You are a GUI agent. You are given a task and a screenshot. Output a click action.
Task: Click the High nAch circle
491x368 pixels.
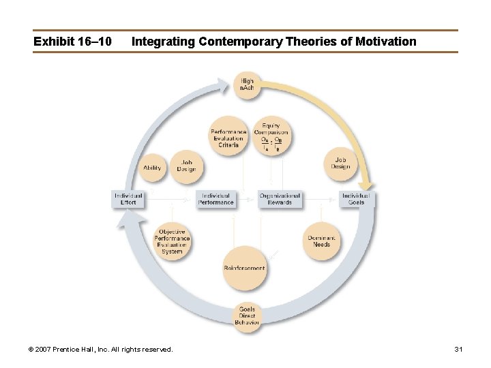[x=246, y=85]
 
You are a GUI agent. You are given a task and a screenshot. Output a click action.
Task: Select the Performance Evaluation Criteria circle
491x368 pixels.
[x=228, y=138]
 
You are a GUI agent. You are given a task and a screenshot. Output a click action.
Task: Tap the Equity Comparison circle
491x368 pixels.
[x=270, y=135]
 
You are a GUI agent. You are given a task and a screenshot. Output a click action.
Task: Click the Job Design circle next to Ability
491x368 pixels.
[x=185, y=166]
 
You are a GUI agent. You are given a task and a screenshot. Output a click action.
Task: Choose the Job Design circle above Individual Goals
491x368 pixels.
[x=340, y=164]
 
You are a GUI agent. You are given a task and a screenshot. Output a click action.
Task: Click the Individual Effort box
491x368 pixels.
[x=128, y=198]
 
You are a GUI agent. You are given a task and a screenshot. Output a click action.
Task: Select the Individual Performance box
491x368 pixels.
[x=216, y=198]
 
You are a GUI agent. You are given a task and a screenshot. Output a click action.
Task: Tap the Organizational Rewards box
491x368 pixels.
[x=280, y=198]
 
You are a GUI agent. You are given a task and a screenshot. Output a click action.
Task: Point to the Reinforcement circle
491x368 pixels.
[x=244, y=268]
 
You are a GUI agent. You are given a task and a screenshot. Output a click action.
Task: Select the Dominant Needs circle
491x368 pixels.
[x=321, y=241]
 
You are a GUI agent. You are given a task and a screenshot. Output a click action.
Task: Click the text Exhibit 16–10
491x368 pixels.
[x=72, y=42]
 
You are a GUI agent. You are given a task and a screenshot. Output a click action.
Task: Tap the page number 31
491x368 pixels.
[x=458, y=349]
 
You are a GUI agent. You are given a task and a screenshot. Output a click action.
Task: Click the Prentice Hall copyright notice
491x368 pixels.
[x=100, y=349]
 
